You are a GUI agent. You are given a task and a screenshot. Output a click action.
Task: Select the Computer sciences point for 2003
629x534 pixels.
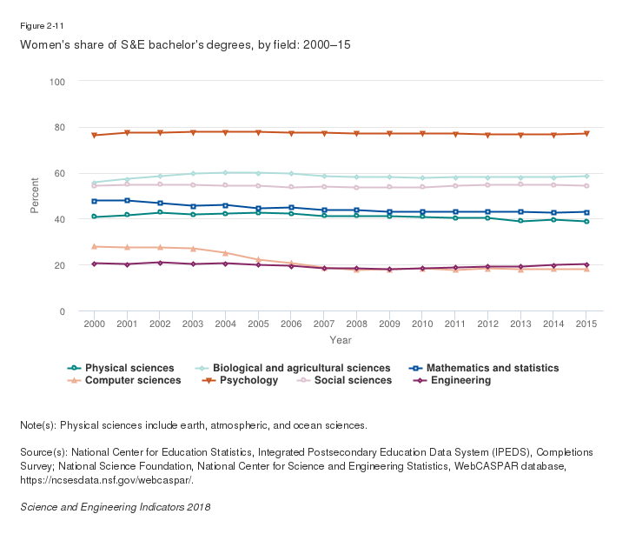192,249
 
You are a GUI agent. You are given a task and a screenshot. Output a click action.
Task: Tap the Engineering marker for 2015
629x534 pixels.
586,264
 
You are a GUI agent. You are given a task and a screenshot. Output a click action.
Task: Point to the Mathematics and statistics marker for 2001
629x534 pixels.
127,201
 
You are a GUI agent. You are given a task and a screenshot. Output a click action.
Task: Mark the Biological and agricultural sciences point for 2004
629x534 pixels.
225,173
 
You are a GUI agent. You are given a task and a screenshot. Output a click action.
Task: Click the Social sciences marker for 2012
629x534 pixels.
488,184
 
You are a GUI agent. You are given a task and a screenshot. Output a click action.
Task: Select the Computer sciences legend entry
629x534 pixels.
133,380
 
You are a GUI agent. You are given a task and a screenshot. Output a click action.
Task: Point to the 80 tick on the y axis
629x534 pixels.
60,127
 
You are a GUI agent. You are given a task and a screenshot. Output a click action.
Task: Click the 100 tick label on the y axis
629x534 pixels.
57,82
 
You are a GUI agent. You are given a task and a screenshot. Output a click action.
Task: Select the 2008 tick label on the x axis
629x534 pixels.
356,324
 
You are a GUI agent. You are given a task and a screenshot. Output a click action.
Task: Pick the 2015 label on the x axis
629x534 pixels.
586,324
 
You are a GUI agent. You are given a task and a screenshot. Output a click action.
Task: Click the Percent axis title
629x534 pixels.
35,196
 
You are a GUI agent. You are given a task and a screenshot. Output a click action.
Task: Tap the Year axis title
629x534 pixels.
341,340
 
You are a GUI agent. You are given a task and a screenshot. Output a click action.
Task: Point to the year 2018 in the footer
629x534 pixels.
198,506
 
